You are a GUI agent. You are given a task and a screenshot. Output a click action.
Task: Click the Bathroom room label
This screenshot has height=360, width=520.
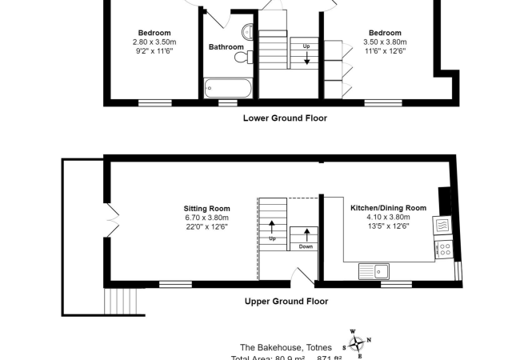(226, 47)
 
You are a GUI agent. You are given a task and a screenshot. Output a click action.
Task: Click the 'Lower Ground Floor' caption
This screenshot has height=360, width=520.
(285, 118)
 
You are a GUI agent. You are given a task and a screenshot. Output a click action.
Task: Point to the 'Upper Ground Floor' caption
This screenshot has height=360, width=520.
(285, 302)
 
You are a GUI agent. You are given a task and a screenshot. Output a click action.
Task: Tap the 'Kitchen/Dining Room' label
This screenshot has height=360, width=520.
(388, 208)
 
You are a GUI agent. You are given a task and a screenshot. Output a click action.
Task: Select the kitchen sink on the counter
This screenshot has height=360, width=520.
(373, 270)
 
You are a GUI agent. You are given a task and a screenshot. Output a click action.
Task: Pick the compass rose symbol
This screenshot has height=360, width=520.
(358, 342)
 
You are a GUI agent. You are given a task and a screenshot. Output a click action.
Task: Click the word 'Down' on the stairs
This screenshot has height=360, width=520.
(306, 246)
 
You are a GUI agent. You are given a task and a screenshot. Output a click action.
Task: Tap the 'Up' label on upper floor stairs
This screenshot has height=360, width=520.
(272, 238)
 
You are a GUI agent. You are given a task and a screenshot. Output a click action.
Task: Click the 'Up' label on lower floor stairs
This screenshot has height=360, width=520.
(306, 46)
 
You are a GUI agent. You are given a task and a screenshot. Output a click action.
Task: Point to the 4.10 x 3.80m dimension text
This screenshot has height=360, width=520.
(388, 218)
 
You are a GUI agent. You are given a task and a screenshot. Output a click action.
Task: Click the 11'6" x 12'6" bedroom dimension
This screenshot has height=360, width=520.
(385, 51)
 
